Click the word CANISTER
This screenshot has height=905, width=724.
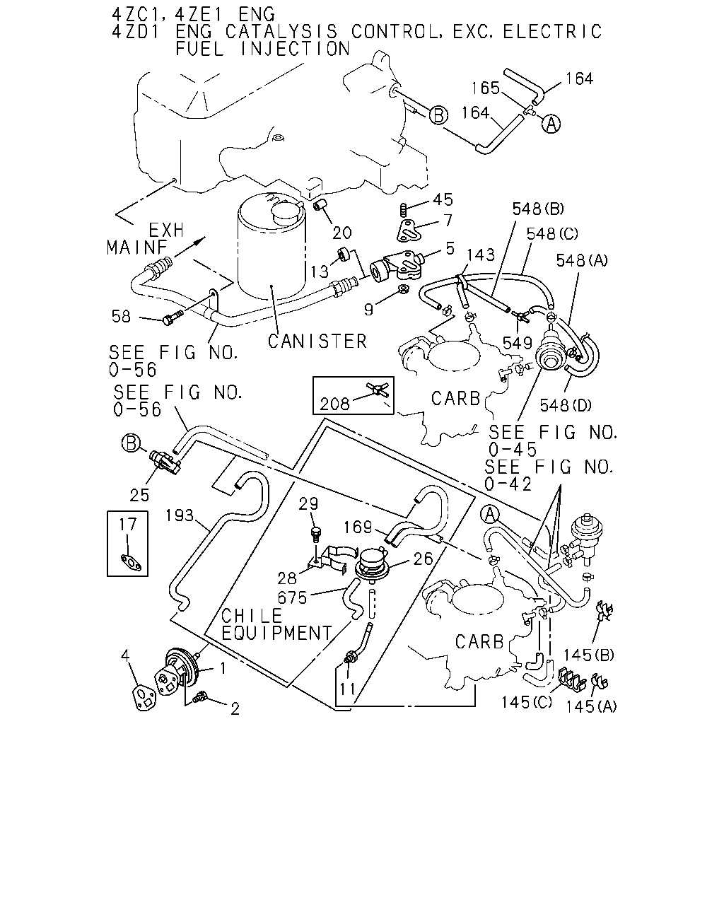coord(317,341)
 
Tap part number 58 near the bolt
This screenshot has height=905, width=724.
coord(121,316)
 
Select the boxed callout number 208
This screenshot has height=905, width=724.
coord(334,404)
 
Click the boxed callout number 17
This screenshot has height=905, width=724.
coord(127,525)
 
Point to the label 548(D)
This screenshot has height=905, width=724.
coord(566,405)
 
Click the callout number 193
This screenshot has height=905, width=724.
coord(179,515)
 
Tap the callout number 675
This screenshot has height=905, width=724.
coord(293,597)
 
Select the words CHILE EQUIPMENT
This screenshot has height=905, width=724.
coord(276,624)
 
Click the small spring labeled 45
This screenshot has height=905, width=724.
coord(404,209)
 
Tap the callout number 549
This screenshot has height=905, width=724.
coord(518,343)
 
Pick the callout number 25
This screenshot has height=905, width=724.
coord(139,495)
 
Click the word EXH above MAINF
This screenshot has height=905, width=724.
coord(166,230)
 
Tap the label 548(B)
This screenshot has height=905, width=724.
coord(538,209)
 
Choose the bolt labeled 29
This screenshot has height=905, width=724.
coord(315,534)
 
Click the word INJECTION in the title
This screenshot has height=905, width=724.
coord(295,49)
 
